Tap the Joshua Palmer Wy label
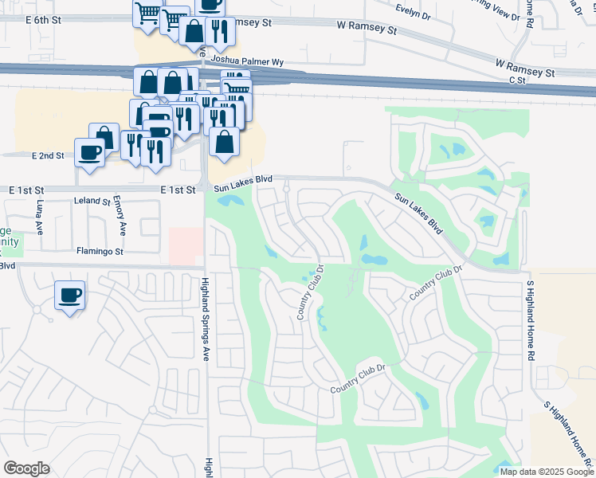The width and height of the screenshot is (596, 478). pyautogui.click(x=246, y=61)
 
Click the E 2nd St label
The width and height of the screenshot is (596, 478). pyautogui.click(x=49, y=155)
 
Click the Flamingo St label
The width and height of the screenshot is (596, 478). pyautogui.click(x=100, y=252)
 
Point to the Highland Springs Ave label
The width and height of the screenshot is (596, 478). pyautogui.click(x=205, y=319)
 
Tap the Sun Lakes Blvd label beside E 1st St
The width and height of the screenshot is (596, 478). pyautogui.click(x=244, y=182)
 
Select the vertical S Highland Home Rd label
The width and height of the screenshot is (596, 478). pyautogui.click(x=529, y=319)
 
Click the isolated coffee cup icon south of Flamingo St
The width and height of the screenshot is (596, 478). pyautogui.click(x=69, y=295)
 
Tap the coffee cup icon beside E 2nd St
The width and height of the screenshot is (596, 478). pyautogui.click(x=89, y=151)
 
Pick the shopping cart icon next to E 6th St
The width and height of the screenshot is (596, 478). pyautogui.click(x=147, y=14)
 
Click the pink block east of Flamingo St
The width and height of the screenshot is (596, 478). pyautogui.click(x=186, y=245)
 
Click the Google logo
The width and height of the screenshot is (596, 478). pyautogui.click(x=26, y=468)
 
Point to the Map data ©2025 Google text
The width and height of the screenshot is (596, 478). pyautogui.click(x=546, y=472)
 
